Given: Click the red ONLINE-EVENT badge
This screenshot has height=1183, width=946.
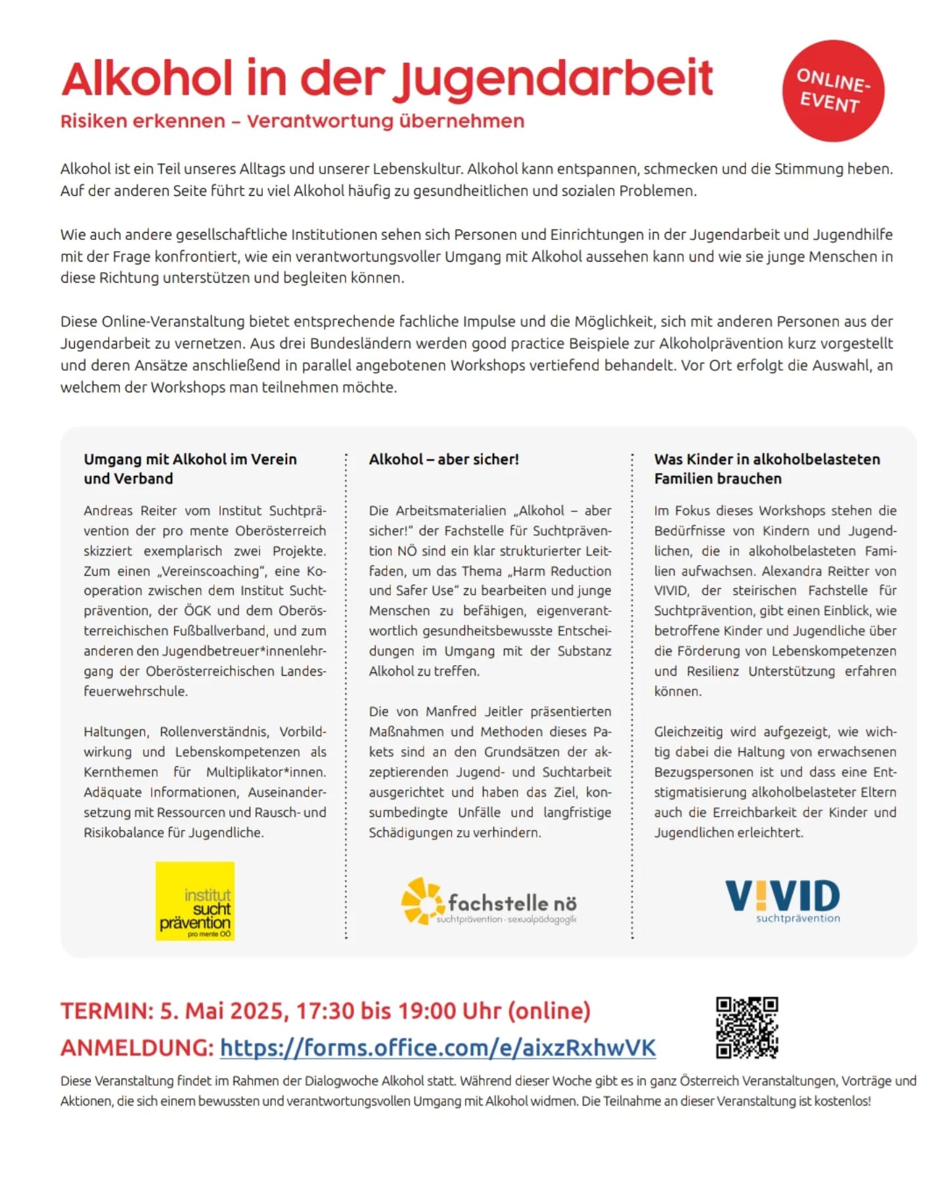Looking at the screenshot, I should click(x=832, y=91).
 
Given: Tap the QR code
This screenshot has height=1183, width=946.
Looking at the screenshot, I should click(x=746, y=1027).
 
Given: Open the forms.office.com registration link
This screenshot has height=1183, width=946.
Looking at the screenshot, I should click(x=438, y=1048).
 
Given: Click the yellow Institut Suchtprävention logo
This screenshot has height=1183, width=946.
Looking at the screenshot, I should click(x=194, y=900).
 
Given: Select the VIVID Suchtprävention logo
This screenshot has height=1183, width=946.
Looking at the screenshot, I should click(x=782, y=900).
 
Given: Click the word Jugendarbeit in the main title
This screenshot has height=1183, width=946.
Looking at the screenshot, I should click(x=556, y=80).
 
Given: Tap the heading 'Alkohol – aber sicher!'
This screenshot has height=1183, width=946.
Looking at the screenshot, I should click(x=443, y=459).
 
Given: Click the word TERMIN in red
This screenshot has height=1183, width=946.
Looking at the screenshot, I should click(x=106, y=1011).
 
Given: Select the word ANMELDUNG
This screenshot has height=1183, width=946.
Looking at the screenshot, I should click(x=137, y=1048).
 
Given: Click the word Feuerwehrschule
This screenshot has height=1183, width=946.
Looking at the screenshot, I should click(x=135, y=691).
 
